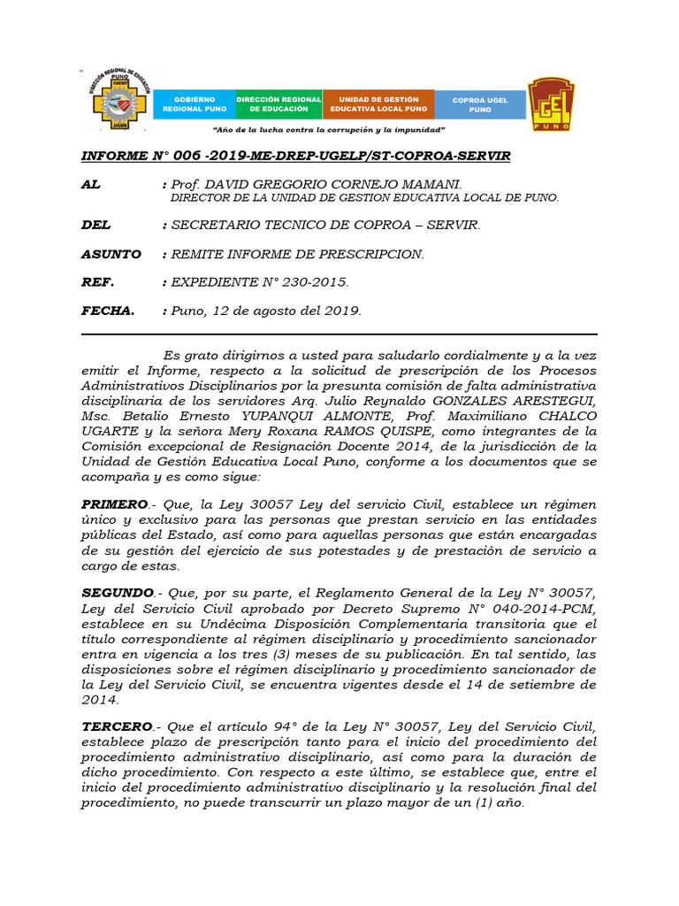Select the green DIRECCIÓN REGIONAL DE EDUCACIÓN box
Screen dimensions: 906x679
point(278,104)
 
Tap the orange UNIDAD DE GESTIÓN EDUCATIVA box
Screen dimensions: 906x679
point(378,104)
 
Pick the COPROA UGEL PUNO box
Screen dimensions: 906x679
point(480,104)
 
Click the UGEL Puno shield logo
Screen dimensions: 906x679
point(551,104)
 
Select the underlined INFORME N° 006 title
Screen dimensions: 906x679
point(295,156)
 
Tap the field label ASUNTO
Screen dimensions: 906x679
point(111,254)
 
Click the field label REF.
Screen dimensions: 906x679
point(97,282)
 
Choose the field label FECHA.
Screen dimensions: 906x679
point(108,311)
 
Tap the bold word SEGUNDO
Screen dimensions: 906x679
point(117,593)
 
